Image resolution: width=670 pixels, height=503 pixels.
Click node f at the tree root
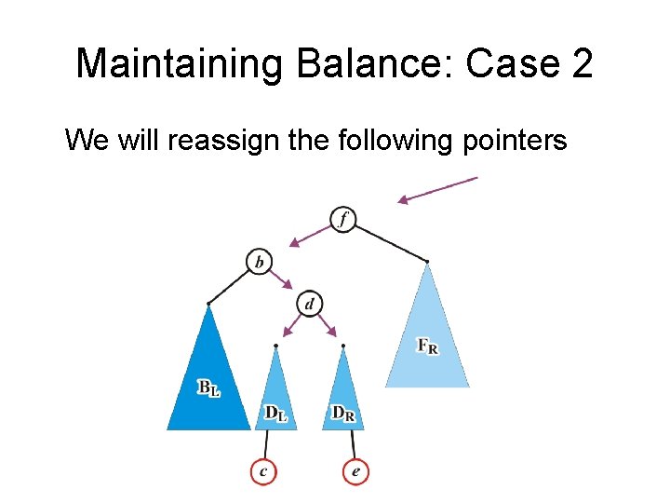point(343,220)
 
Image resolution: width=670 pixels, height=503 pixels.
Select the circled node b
point(259,262)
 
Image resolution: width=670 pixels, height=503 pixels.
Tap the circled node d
point(309,304)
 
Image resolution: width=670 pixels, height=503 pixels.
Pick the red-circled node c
point(263,472)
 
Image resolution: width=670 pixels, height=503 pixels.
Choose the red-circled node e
point(355,472)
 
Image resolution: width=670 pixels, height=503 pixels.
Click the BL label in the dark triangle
point(208,387)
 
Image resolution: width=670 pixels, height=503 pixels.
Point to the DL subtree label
point(275,413)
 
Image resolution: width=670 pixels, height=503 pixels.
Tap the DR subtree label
point(342,413)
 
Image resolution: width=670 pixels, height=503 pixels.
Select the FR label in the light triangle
point(428,347)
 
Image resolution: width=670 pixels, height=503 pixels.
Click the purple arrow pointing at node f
point(437,189)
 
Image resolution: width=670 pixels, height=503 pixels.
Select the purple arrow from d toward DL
point(293,324)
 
